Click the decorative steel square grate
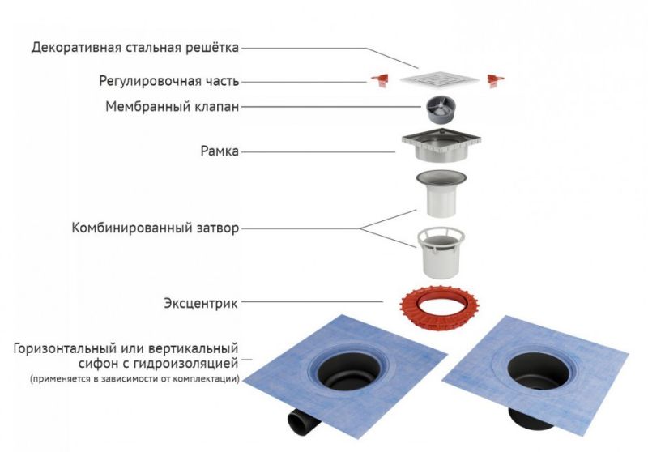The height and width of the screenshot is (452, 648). (x=439, y=79)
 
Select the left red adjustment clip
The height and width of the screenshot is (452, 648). (x=380, y=79)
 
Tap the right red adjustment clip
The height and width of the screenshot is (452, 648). (x=495, y=80)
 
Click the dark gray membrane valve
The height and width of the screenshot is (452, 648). (x=441, y=109)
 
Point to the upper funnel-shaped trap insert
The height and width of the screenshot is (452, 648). (x=441, y=194)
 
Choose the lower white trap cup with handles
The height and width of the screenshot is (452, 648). (x=441, y=253)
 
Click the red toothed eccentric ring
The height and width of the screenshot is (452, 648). (x=439, y=307)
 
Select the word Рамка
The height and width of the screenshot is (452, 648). (x=220, y=151)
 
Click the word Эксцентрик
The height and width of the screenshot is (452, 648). (x=201, y=303)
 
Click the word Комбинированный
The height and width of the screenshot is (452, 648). (x=130, y=228)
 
